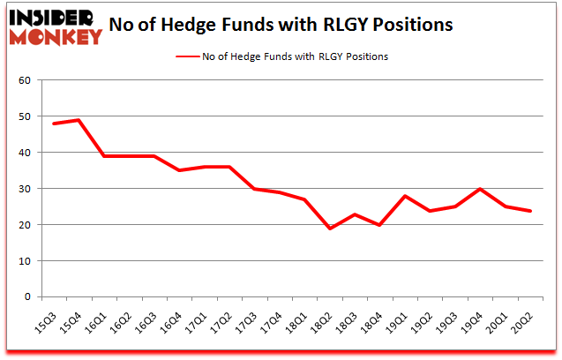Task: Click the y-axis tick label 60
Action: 25,80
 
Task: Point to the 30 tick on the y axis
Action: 25,189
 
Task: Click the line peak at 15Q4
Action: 79,120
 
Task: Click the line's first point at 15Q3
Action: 53,124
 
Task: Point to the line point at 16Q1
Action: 104,156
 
